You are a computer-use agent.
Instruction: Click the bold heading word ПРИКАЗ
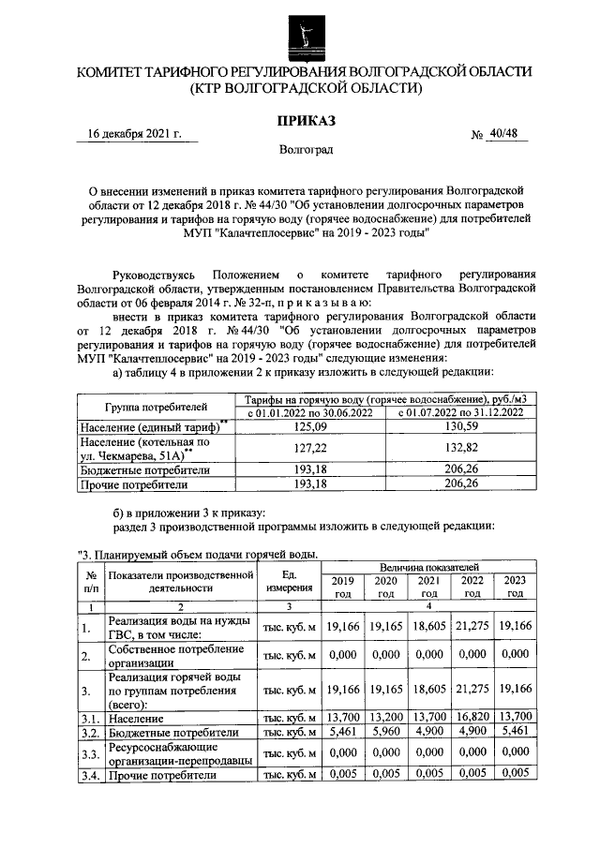(303, 121)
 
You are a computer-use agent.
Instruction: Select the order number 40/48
(502, 134)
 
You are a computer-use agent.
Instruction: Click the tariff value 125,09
(309, 427)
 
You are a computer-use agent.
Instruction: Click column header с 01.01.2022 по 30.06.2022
(309, 413)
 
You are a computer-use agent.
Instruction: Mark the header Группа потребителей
(155, 407)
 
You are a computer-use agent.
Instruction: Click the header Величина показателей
(429, 568)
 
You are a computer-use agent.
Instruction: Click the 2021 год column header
(428, 587)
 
